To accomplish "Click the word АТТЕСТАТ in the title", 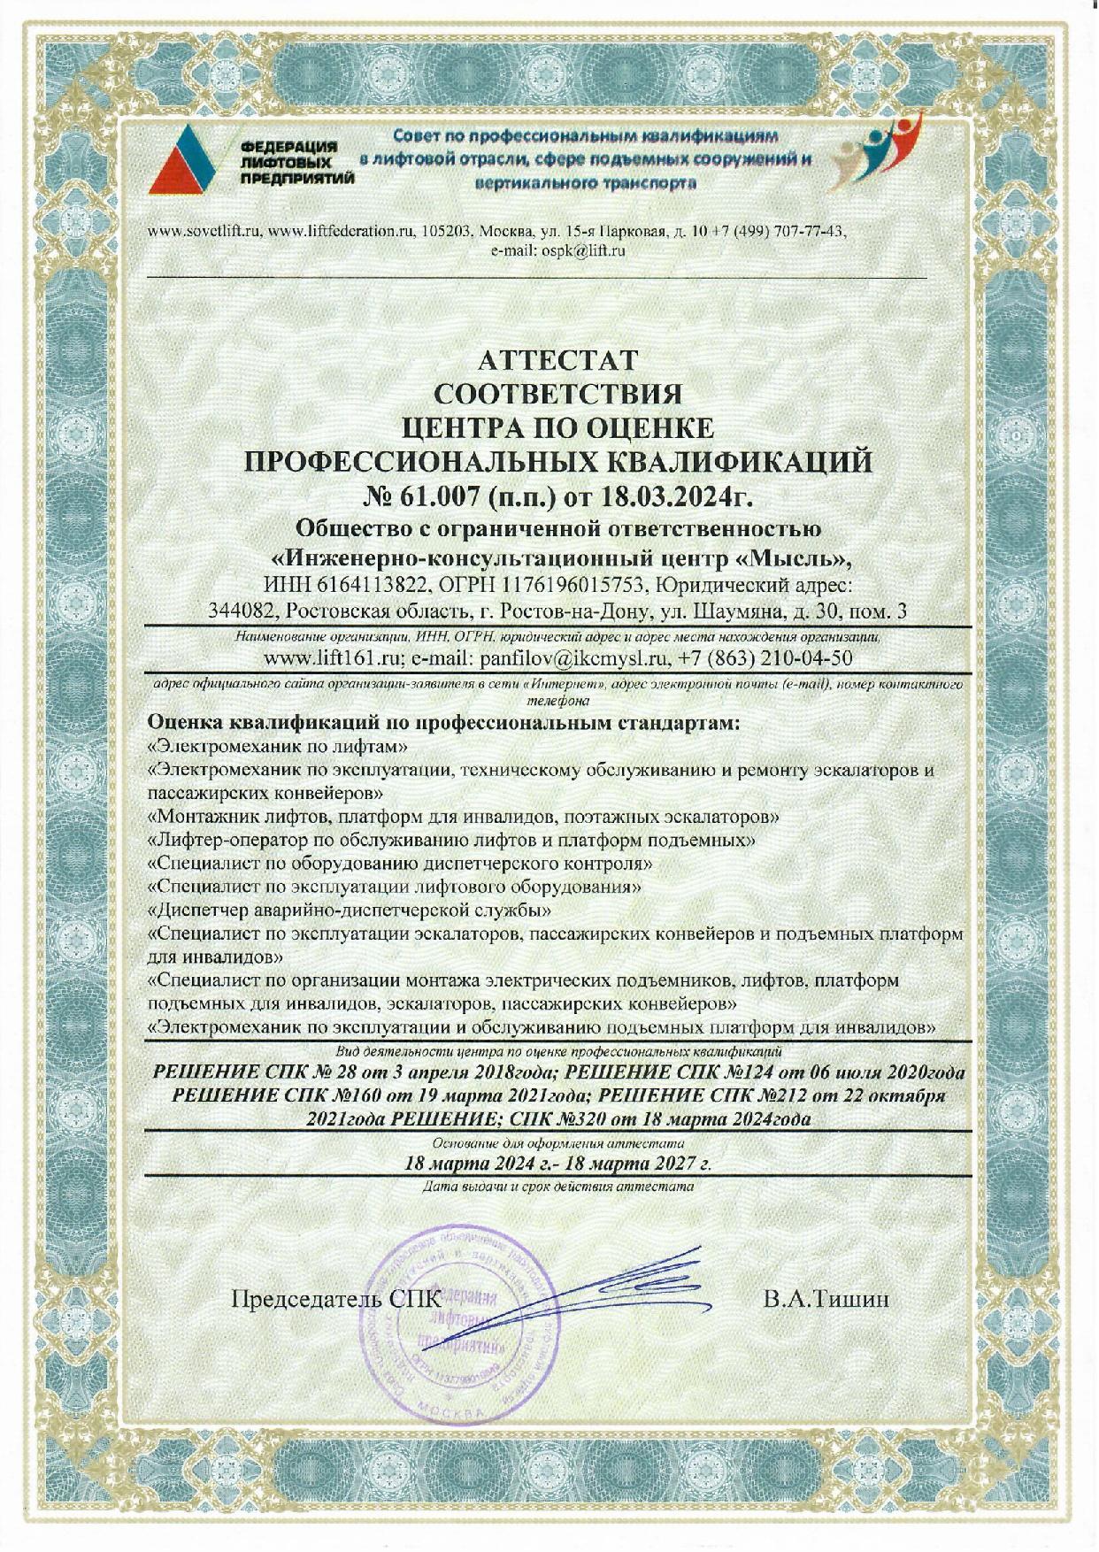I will click(557, 360).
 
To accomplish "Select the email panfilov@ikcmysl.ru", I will click(571, 659).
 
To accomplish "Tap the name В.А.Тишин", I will click(825, 1299).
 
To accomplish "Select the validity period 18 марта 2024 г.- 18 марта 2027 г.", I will click(557, 1163).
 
